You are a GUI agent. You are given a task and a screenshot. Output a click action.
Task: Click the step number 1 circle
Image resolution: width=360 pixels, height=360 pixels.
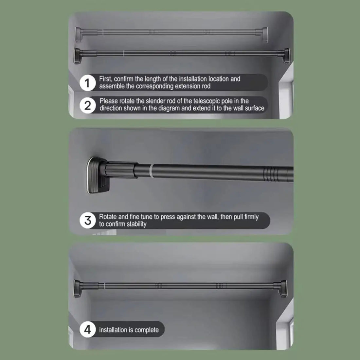click(x=87, y=83)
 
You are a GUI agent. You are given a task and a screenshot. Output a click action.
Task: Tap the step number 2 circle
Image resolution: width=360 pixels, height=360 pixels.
click(x=87, y=106)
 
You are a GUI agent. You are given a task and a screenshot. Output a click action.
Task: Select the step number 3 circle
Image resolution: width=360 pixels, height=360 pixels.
click(x=87, y=220)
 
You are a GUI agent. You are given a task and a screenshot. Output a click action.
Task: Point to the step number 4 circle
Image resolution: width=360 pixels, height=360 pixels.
click(x=87, y=330)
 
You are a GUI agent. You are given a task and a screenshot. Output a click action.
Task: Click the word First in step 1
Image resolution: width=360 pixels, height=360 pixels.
click(x=106, y=79)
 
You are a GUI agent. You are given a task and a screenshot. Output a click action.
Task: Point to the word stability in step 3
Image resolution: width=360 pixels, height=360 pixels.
click(x=136, y=224)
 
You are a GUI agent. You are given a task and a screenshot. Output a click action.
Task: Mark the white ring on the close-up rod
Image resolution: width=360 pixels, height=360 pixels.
click(x=151, y=171)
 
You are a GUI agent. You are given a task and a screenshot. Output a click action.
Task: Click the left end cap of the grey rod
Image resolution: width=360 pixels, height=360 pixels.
click(x=78, y=34)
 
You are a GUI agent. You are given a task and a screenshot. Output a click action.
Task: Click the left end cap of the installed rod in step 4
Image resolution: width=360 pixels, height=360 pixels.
click(x=77, y=289)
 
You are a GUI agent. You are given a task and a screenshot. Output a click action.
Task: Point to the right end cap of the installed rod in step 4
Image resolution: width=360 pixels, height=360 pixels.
click(x=283, y=289)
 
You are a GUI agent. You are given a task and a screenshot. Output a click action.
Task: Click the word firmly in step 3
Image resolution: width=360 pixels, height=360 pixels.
click(x=251, y=217)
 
